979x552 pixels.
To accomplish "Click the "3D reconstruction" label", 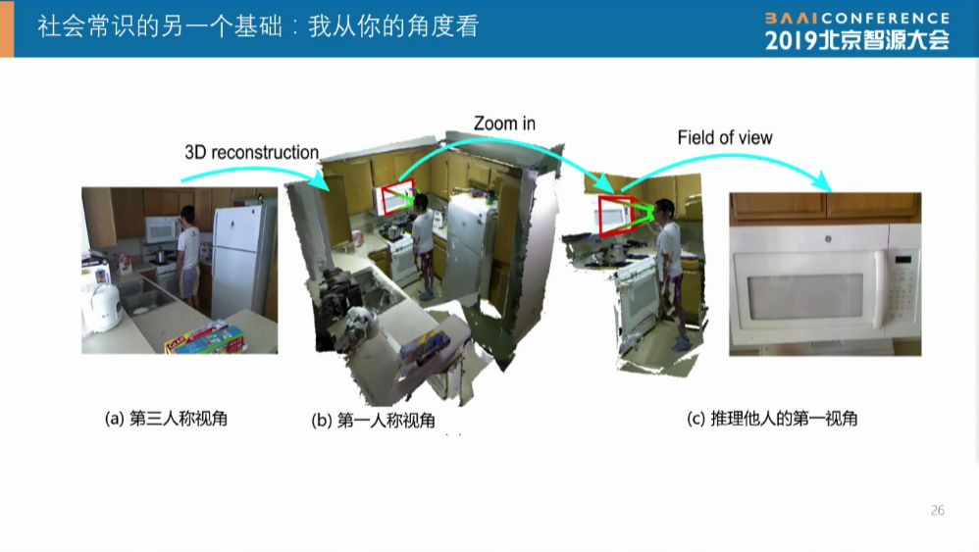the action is click(252, 152).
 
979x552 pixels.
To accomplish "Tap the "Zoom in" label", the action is click(504, 124).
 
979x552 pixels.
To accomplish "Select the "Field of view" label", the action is click(725, 138).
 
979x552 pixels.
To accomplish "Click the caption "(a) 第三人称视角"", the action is click(166, 418).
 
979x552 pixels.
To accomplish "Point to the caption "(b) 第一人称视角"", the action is click(373, 420).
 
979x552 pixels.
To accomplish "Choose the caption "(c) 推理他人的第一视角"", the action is click(772, 418).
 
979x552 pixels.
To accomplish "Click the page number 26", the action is click(937, 510).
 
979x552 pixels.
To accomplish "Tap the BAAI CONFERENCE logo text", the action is click(857, 18).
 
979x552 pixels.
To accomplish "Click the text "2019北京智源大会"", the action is click(857, 40).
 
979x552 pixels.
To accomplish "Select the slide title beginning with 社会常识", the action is click(258, 26).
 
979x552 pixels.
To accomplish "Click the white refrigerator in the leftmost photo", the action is click(243, 261).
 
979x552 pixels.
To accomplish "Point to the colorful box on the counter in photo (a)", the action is click(205, 338).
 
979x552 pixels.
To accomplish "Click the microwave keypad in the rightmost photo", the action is click(902, 288).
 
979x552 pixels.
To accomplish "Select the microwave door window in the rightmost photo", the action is click(805, 296).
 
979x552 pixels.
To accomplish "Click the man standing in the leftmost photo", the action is click(188, 257).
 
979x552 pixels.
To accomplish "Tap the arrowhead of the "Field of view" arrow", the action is click(824, 182).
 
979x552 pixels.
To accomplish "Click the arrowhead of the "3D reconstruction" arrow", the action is click(321, 179).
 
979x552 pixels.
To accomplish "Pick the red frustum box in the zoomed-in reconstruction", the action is click(614, 215).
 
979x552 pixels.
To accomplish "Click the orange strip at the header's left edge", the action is click(7, 28).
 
